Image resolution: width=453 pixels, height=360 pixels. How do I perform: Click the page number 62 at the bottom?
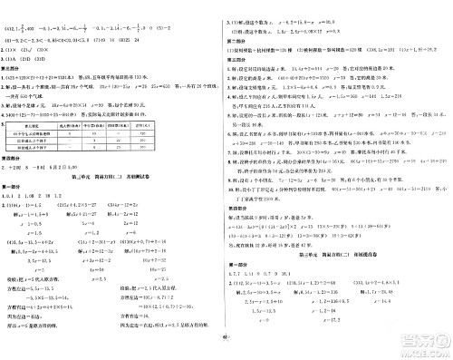[x=226, y=353]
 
